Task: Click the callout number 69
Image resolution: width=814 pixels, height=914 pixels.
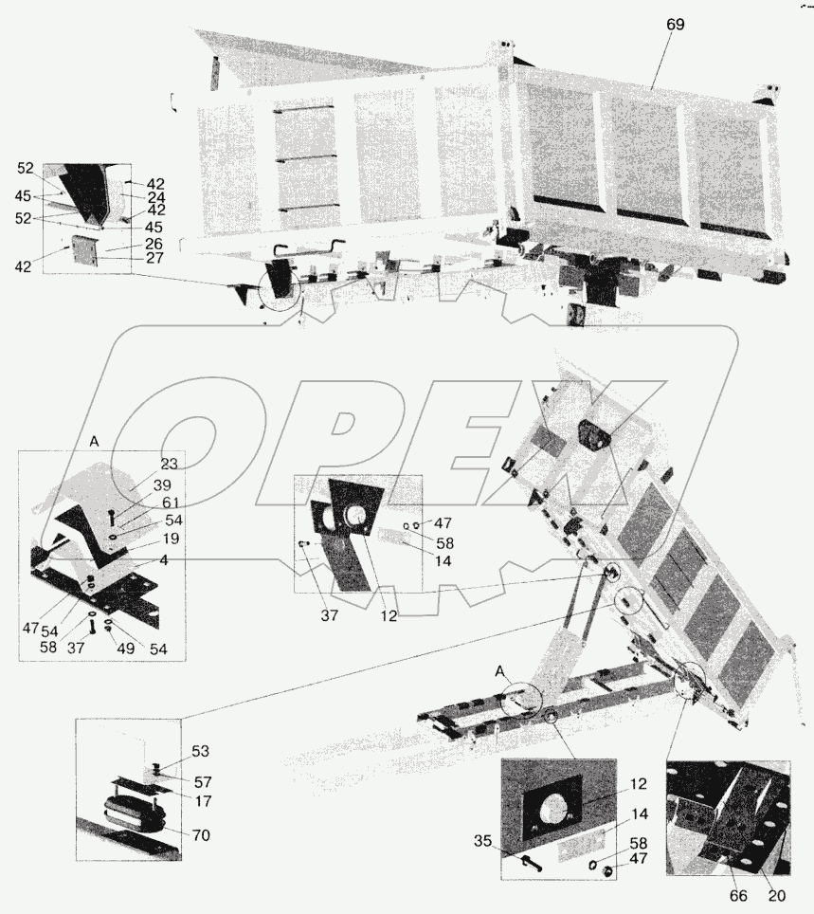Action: click(x=674, y=26)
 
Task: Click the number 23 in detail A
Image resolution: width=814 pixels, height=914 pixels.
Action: click(x=170, y=465)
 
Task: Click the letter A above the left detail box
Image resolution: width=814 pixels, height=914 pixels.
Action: click(x=94, y=441)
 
